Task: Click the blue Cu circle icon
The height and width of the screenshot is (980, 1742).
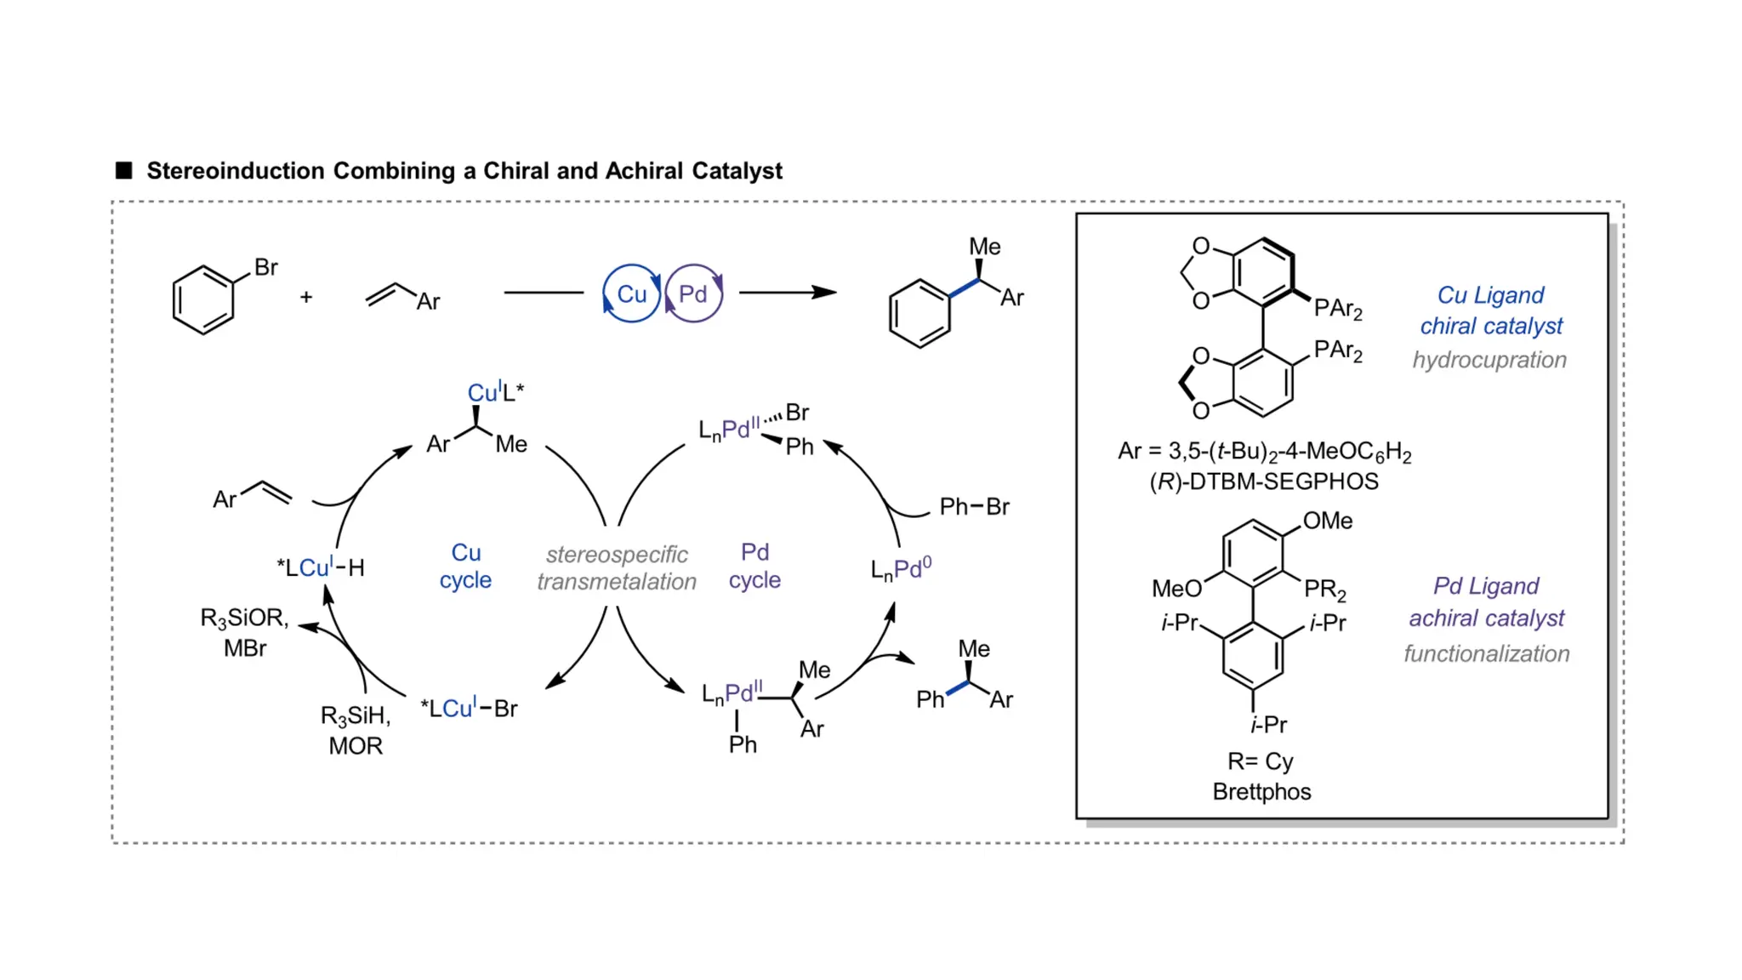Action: tap(630, 293)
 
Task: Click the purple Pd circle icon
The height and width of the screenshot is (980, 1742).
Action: tap(693, 293)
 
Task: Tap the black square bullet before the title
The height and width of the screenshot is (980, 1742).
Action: tap(124, 170)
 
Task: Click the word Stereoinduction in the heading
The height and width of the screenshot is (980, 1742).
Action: tap(236, 171)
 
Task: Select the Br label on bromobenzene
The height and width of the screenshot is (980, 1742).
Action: tap(265, 267)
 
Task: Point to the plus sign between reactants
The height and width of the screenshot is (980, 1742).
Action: tap(306, 297)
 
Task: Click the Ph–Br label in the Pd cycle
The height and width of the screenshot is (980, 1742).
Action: tap(974, 507)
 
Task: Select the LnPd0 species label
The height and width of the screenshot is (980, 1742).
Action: tap(901, 568)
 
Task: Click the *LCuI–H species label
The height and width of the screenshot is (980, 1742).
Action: tap(321, 567)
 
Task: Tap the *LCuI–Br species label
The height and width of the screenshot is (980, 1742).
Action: tap(469, 708)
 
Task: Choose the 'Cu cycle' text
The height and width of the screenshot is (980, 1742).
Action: tap(465, 566)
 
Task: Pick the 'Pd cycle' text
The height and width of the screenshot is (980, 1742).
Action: tap(754, 566)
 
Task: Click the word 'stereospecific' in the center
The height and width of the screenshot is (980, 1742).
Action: tap(617, 555)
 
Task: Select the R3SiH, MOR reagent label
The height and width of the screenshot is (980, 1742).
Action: tap(356, 730)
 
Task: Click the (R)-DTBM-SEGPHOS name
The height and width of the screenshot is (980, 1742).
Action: tap(1263, 481)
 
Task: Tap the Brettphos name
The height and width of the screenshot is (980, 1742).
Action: tap(1261, 791)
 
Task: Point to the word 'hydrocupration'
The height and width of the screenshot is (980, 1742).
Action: tap(1489, 360)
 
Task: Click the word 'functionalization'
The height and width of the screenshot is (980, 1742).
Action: tap(1486, 653)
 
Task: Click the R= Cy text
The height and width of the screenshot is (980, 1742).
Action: tap(1260, 761)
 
